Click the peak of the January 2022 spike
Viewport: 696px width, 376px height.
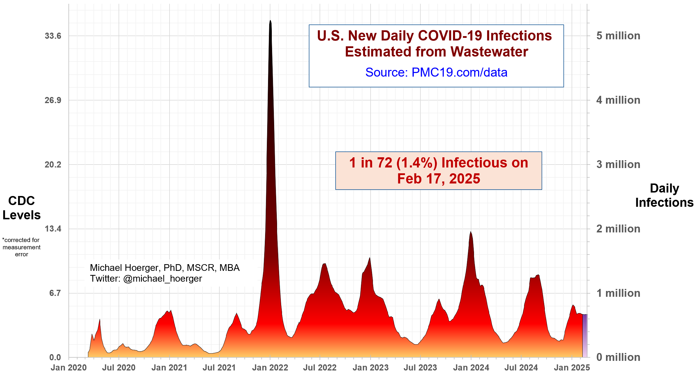coord(270,21)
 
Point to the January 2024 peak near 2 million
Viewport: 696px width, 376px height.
coord(471,232)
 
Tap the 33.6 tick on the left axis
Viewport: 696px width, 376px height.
coord(53,36)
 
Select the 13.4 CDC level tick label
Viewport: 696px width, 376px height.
coord(53,229)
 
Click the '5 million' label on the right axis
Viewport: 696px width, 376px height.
coord(618,36)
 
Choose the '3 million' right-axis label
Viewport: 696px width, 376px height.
coord(618,165)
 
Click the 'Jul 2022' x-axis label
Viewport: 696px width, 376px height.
coord(320,368)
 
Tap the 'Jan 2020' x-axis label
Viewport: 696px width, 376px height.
coord(68,368)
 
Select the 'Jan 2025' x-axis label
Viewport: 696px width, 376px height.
coord(572,368)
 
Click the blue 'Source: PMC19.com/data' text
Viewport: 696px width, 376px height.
coord(436,72)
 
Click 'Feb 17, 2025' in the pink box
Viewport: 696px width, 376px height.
coord(438,179)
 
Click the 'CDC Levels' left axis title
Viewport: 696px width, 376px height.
coord(22,208)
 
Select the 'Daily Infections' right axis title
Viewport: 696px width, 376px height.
coord(664,195)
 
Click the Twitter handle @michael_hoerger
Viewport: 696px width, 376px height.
coord(162,279)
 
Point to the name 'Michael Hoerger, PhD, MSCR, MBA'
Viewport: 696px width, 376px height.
coord(165,268)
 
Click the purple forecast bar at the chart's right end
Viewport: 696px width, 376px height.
coord(585,335)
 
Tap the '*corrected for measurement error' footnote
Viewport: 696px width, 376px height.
coord(22,247)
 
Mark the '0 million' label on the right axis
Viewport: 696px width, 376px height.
coord(618,357)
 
